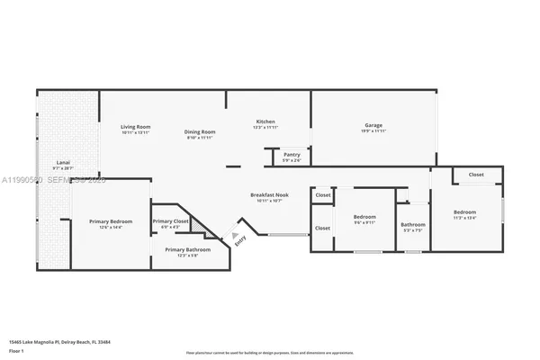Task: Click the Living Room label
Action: [x=135, y=127]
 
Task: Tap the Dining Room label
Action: [x=200, y=131]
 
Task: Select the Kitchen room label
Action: [x=265, y=121]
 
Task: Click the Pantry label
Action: [x=292, y=155]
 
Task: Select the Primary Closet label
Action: [x=170, y=221]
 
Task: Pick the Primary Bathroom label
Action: [x=187, y=249]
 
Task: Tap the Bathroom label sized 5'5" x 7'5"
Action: [x=413, y=224]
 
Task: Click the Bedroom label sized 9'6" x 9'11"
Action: [x=364, y=217]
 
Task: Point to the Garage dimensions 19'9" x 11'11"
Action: [x=374, y=131]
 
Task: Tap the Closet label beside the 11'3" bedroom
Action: [x=475, y=175]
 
